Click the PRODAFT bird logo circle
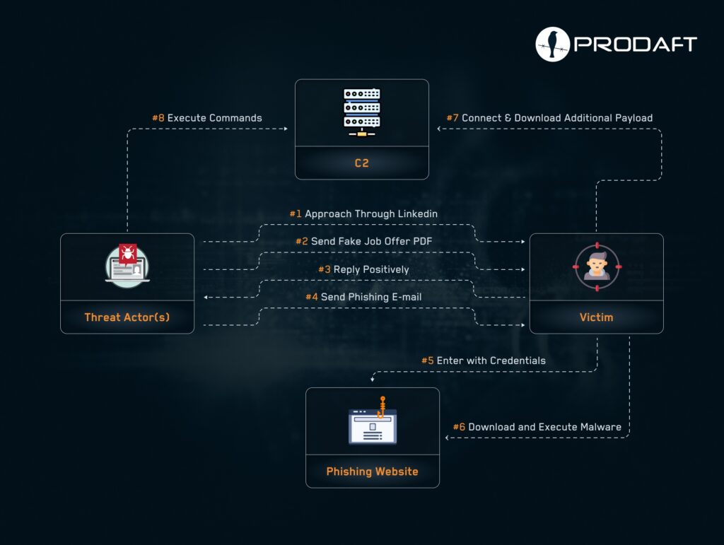pos(552,45)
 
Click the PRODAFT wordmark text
pos(636,45)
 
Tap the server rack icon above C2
pos(361,112)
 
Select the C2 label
pos(361,163)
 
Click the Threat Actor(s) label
pos(127,317)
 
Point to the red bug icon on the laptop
pos(127,253)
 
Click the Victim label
pos(596,317)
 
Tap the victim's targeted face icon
pos(597,266)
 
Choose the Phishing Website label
pos(372,471)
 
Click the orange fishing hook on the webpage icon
pos(381,407)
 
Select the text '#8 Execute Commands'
pos(207,117)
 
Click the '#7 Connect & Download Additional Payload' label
pos(549,117)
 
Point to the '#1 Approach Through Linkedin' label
pos(363,213)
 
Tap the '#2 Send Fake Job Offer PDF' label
pos(364,241)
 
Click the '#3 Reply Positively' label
pos(363,269)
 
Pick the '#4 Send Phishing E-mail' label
pos(363,297)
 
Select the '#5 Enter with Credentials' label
pos(484,361)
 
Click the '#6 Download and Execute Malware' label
pos(537,427)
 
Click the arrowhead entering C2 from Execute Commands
pos(286,129)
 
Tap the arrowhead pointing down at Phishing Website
pos(372,380)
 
